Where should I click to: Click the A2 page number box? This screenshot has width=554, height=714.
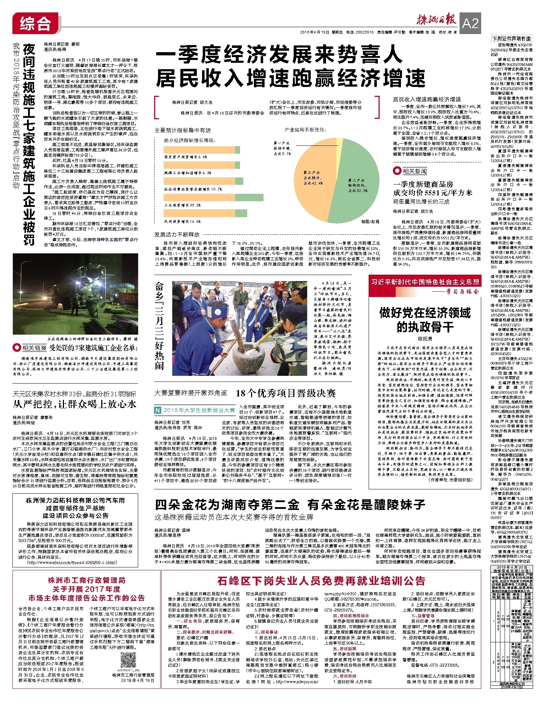click(x=470, y=23)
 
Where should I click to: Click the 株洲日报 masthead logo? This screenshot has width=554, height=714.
click(x=436, y=21)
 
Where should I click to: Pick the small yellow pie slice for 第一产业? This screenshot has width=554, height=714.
click(x=340, y=142)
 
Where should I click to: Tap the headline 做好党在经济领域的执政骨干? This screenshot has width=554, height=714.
click(x=425, y=319)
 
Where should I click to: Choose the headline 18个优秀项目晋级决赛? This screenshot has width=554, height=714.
click(x=286, y=393)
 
